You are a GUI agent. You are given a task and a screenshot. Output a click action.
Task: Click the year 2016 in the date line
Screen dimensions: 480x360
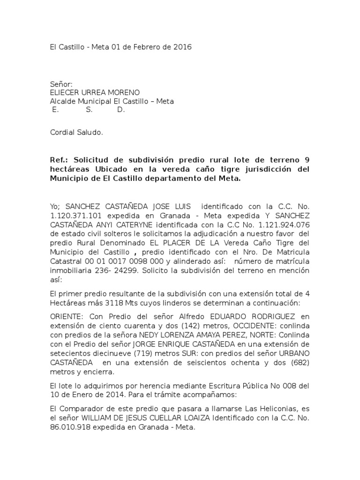pos(183,47)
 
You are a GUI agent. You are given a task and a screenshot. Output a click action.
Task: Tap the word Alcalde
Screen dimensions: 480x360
pos(63,102)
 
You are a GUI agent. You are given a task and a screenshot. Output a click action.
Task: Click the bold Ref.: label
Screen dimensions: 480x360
pos(60,159)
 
